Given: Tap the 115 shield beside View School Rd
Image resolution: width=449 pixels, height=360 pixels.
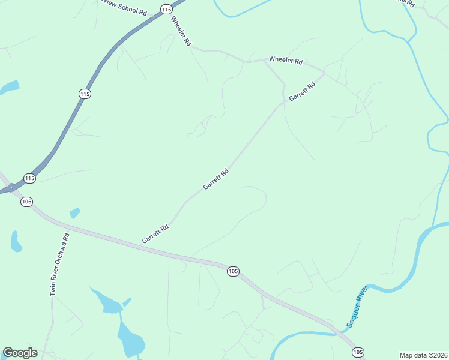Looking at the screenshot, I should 166,9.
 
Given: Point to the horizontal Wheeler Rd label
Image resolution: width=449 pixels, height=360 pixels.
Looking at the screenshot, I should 286,60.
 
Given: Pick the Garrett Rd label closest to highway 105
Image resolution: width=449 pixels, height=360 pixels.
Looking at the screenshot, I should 155,233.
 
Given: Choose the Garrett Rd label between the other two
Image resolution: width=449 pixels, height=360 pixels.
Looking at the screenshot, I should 216,179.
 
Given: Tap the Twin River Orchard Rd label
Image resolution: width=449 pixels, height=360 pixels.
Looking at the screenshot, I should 60,264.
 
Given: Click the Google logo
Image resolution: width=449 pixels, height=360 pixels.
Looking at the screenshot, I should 20,353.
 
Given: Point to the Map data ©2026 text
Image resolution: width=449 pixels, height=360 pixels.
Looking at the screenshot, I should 424,355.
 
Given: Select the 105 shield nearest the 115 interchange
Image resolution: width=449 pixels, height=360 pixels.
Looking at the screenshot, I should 26,202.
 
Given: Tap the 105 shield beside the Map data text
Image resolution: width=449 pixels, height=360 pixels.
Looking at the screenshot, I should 358,352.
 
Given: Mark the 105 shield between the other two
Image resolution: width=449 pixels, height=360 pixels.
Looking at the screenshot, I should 234,272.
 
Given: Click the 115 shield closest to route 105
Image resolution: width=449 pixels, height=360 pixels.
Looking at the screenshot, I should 30,178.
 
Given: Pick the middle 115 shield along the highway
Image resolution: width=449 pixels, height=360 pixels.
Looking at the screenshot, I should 85,94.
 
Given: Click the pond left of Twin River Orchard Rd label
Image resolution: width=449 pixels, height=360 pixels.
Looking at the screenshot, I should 16,241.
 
